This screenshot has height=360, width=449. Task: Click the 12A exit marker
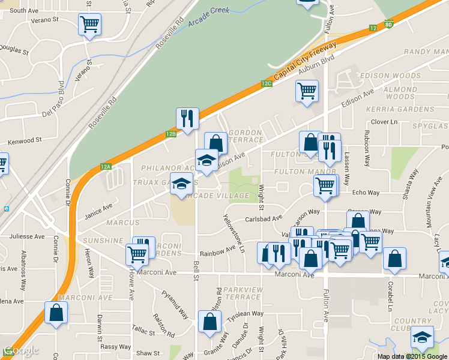pyautogui.click(x=106, y=166)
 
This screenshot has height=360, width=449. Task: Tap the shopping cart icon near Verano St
pyautogui.click(x=89, y=25)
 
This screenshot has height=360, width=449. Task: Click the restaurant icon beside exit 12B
pyautogui.click(x=187, y=118)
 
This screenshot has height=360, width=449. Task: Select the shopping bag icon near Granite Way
pyautogui.click(x=209, y=322)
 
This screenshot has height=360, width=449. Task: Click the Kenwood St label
pyautogui.click(x=24, y=142)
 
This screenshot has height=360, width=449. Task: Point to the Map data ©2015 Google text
pyautogui.click(x=412, y=356)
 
